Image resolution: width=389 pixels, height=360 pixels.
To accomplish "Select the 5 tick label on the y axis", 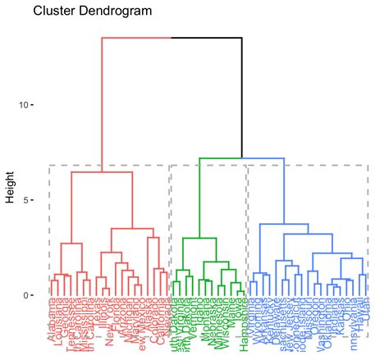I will pyautogui.click(x=26, y=200).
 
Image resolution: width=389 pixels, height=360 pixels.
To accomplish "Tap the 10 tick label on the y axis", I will pyautogui.click(x=24, y=105).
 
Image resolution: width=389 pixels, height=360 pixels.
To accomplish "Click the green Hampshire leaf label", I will pyautogui.click(x=243, y=328).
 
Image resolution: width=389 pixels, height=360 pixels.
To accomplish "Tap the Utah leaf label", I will pyautogui.click(x=365, y=315).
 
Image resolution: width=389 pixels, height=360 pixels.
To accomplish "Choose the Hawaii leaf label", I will pyautogui.click(x=359, y=318).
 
